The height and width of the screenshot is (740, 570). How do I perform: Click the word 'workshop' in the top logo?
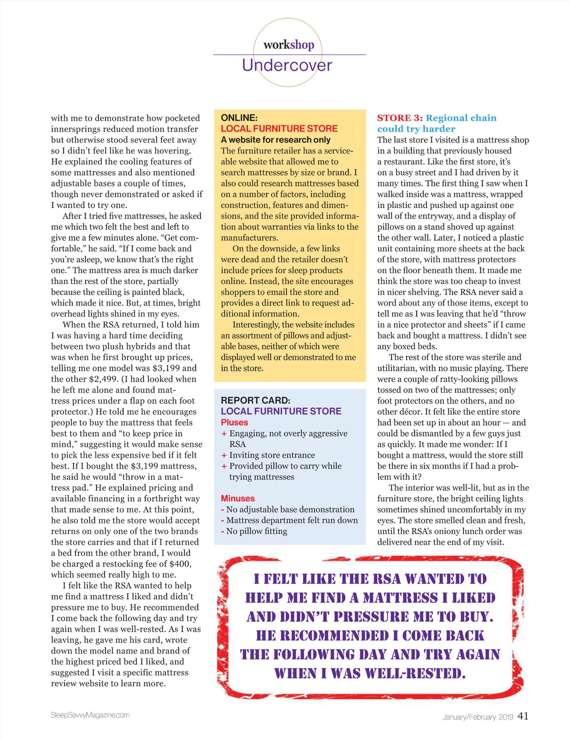289,45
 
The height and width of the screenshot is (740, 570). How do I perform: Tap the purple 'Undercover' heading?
287,65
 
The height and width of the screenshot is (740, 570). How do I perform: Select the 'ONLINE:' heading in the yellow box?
239,118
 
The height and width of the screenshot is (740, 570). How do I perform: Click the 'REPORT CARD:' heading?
256,400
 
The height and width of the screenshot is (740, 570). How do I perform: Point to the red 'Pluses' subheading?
234,422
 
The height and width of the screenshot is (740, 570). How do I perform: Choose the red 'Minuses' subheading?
237,498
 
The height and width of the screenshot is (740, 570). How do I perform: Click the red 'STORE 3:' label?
399,118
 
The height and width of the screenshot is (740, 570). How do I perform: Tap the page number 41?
522,716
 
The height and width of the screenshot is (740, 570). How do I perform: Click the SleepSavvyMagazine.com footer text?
90,715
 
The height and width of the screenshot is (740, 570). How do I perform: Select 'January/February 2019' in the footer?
477,717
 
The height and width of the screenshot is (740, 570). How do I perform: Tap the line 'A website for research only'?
275,140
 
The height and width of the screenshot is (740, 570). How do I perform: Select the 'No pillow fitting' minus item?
256,531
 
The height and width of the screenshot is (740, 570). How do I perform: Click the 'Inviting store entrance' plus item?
272,455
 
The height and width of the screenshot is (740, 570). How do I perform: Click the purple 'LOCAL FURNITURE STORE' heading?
281,411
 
